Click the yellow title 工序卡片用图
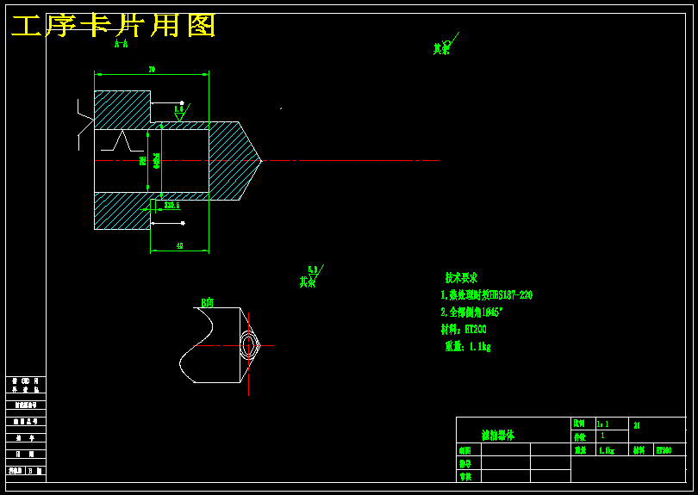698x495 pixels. pos(113,26)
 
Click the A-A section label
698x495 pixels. pos(122,44)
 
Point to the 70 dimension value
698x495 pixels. pos(152,69)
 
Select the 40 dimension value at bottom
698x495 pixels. pos(179,246)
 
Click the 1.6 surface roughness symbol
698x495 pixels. pos(179,111)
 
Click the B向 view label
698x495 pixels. pos(208,303)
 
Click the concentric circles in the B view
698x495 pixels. pos(248,345)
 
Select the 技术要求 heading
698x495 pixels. pos(461,278)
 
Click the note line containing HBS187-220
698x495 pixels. pos(486,295)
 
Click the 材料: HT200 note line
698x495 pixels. pos(464,329)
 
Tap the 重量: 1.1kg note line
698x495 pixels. pos(467,346)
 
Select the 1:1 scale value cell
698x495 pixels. pos(603,424)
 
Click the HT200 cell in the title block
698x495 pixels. pos(664,449)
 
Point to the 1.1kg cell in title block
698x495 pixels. pos(607,450)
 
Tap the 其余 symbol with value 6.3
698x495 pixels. pos(310,278)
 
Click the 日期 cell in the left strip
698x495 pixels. pos(25,454)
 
